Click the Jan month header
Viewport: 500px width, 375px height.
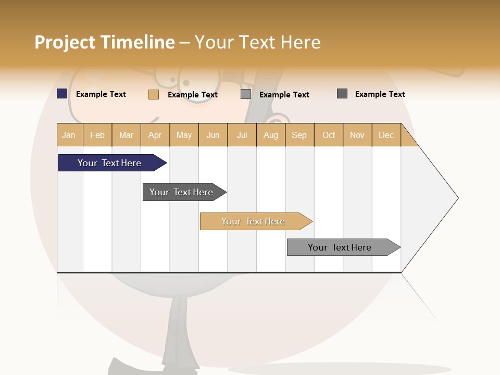click(69, 135)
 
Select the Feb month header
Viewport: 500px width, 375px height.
click(97, 135)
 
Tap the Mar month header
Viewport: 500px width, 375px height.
click(126, 135)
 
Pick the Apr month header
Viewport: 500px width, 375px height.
click(155, 135)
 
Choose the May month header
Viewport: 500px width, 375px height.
click(184, 135)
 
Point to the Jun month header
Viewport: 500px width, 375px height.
click(213, 135)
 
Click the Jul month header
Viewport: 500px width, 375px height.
click(242, 135)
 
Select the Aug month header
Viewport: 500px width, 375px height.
click(271, 135)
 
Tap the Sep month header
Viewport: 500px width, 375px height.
click(299, 135)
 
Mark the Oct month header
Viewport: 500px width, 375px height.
click(329, 135)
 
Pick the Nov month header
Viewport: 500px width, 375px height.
click(357, 135)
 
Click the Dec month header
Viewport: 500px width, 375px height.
click(386, 135)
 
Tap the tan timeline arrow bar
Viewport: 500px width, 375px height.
click(254, 221)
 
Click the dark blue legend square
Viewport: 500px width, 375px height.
click(62, 94)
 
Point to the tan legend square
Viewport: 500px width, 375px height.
click(154, 94)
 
